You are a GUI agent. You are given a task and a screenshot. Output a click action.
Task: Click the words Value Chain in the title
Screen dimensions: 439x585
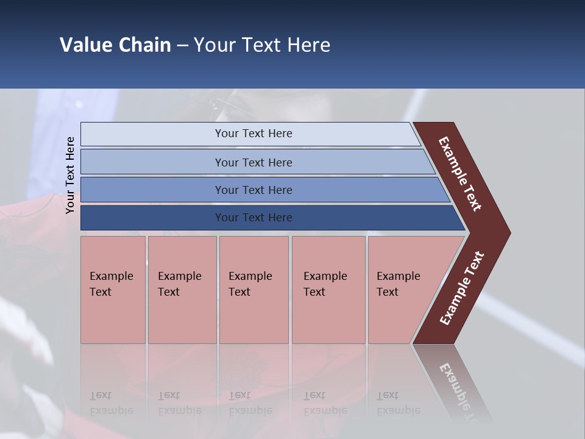click(115, 45)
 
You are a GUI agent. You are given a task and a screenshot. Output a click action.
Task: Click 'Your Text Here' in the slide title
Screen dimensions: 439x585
click(262, 45)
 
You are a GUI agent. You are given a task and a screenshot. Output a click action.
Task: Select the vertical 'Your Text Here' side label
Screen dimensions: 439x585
click(70, 175)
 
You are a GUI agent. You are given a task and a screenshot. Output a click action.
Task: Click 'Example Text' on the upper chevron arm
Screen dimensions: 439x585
click(460, 174)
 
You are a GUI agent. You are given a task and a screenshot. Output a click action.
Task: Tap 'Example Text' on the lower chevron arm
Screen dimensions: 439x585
click(461, 288)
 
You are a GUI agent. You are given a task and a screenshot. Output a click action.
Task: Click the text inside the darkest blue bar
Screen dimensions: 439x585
click(253, 218)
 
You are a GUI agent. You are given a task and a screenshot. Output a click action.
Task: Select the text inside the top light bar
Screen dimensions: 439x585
click(253, 134)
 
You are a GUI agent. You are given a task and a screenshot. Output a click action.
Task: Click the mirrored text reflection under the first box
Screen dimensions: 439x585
click(111, 403)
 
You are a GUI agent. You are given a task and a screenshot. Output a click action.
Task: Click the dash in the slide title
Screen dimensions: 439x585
click(182, 45)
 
